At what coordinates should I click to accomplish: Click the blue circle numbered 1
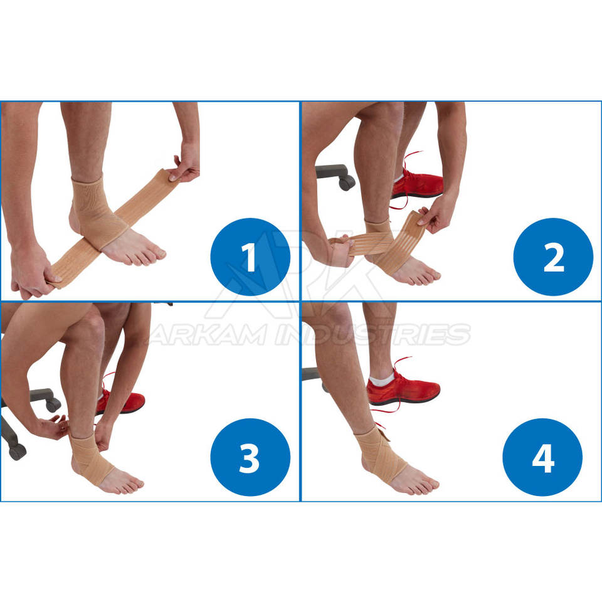click(x=250, y=257)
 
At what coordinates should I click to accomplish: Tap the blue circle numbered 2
click(x=553, y=257)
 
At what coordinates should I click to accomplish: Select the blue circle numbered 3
click(x=250, y=457)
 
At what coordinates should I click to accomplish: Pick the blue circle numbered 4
click(x=542, y=457)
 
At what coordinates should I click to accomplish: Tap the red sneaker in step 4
click(x=403, y=389)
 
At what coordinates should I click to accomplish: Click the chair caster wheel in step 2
click(x=346, y=182)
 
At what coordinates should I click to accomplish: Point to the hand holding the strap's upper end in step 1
click(x=186, y=164)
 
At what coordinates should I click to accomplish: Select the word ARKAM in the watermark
click(x=208, y=334)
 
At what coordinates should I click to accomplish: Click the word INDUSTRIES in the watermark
click(x=373, y=334)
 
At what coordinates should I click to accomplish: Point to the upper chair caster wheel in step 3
click(x=53, y=404)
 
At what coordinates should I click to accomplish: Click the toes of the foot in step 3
click(x=130, y=486)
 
